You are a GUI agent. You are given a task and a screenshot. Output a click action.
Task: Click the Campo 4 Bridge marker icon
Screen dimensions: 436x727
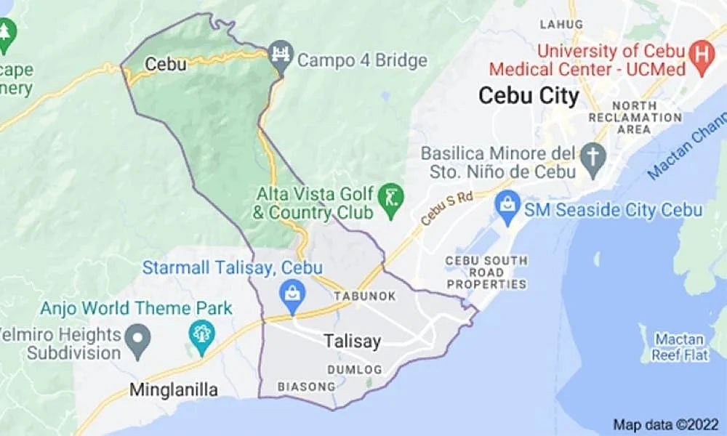coord(279,52)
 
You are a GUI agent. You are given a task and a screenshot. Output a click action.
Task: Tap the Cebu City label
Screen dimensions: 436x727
coord(529,95)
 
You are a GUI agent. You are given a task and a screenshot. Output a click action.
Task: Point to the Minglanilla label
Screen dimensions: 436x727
coord(174,390)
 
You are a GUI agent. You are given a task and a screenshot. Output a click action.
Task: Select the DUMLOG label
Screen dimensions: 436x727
coord(354,370)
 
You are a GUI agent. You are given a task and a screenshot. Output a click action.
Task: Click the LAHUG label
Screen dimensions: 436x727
coord(561,25)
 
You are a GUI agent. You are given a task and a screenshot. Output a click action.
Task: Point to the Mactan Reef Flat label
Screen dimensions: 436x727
coord(678,346)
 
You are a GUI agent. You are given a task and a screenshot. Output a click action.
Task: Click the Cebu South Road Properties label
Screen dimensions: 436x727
coord(486,272)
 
